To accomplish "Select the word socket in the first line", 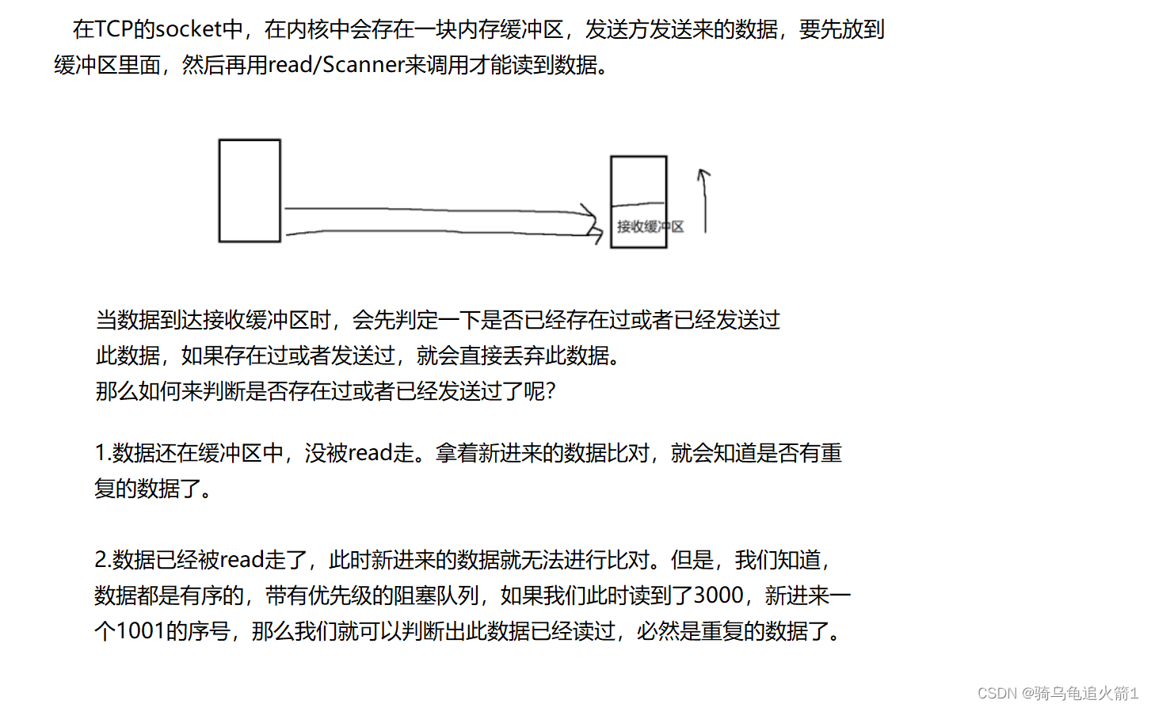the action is click(x=189, y=29).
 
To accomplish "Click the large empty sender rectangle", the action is click(x=250, y=190).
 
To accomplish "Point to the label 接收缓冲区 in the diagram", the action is click(x=650, y=226).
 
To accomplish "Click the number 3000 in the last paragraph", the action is click(x=718, y=596).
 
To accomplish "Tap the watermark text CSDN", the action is click(x=997, y=693).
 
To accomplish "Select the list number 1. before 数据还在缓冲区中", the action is click(x=102, y=453).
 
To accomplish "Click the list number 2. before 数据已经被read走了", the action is click(x=102, y=560).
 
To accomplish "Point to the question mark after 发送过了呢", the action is click(x=551, y=391).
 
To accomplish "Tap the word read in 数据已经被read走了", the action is click(x=242, y=560).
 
